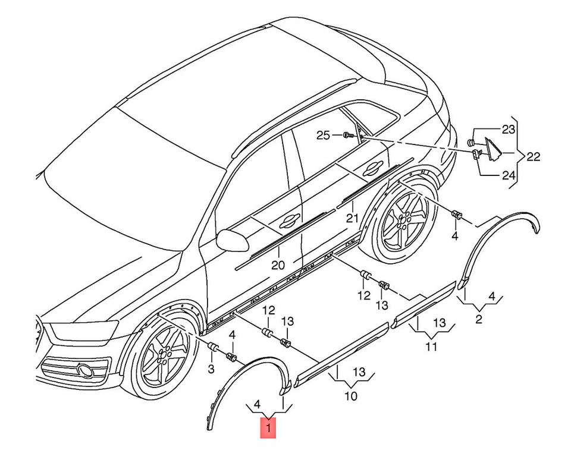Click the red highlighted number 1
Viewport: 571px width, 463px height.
click(268, 428)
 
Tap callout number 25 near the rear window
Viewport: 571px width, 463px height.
click(322, 136)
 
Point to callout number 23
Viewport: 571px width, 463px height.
click(509, 129)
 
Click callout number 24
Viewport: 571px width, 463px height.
click(509, 176)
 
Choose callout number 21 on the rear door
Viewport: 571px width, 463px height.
click(352, 218)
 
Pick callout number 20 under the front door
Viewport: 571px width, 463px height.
click(278, 265)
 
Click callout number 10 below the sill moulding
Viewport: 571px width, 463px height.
click(351, 396)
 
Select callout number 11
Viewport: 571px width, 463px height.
click(431, 347)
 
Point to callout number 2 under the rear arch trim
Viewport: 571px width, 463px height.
click(478, 320)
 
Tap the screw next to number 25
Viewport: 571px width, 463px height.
click(348, 136)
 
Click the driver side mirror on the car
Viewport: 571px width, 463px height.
click(233, 240)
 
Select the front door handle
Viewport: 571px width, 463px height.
click(290, 218)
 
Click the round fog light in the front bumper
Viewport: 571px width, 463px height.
click(86, 370)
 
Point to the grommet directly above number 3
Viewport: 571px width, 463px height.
click(212, 347)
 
